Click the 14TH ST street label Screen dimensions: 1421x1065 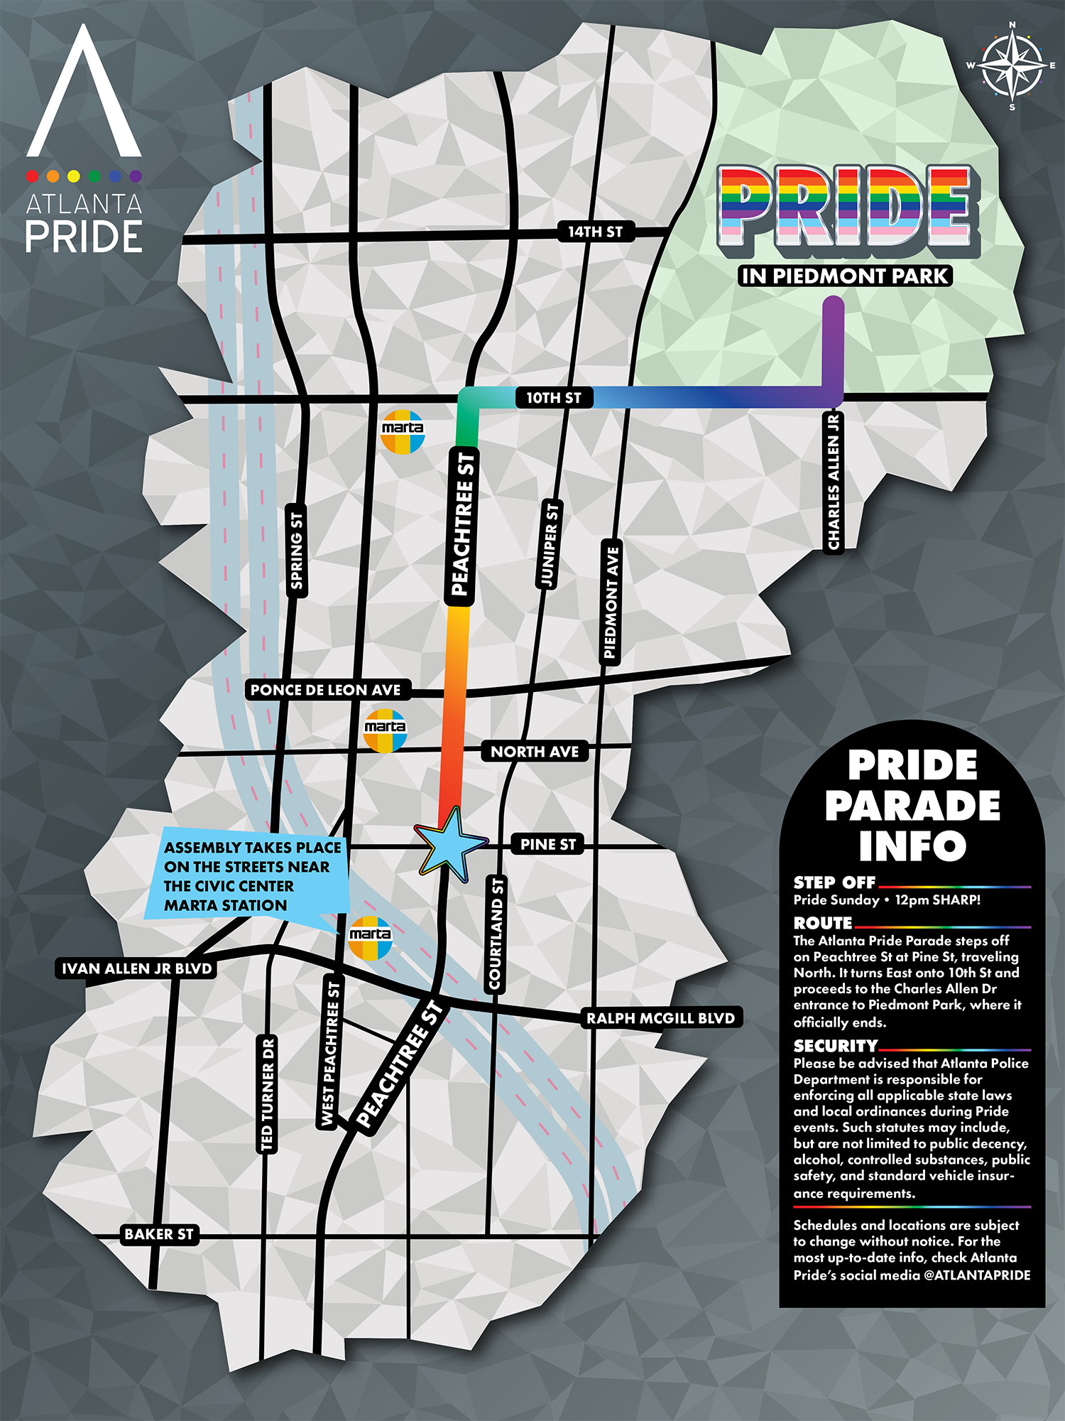(595, 232)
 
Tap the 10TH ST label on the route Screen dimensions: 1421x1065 (554, 398)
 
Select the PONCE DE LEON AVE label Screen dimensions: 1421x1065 (326, 690)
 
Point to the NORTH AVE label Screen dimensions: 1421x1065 (535, 752)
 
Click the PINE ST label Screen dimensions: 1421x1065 (547, 844)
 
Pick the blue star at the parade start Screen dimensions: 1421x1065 (449, 844)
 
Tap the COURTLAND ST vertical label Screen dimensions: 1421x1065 (496, 933)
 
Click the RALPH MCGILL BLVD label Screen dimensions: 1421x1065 (660, 1018)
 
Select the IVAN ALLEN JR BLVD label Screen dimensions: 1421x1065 (136, 968)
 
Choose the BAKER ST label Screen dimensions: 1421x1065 (159, 1234)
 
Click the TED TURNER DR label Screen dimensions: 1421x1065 (267, 1094)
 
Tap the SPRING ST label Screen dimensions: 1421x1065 (297, 551)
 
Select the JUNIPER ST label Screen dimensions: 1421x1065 (550, 544)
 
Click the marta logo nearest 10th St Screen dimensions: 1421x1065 (403, 431)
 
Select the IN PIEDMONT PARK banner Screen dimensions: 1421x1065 (845, 276)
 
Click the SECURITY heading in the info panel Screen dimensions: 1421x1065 (836, 1046)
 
